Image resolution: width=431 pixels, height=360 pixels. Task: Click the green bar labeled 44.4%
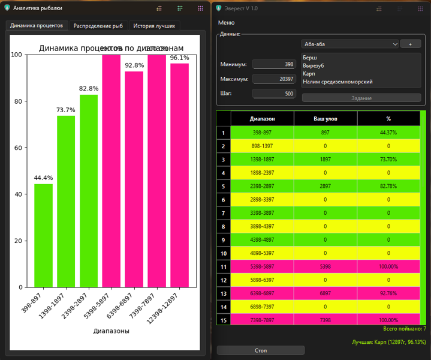pyautogui.click(x=43, y=235)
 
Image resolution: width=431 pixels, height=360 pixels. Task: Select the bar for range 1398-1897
pyautogui.click(x=66, y=201)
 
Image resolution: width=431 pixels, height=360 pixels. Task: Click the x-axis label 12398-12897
pyautogui.click(x=171, y=305)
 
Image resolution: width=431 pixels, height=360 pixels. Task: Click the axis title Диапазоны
pyautogui.click(x=111, y=331)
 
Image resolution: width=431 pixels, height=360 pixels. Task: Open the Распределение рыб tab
pyautogui.click(x=98, y=26)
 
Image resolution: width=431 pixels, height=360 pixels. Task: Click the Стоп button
pyautogui.click(x=261, y=350)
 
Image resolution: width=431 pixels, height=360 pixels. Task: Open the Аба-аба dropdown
pyautogui.click(x=349, y=44)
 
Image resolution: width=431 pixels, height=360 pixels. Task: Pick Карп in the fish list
pyautogui.click(x=309, y=73)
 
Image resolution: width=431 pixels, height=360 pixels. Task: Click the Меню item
pyautogui.click(x=227, y=23)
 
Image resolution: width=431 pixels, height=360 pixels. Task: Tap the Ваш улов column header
pyautogui.click(x=325, y=119)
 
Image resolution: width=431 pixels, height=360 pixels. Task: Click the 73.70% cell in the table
pyautogui.click(x=388, y=160)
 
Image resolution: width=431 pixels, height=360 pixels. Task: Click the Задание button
pyautogui.click(x=361, y=98)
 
